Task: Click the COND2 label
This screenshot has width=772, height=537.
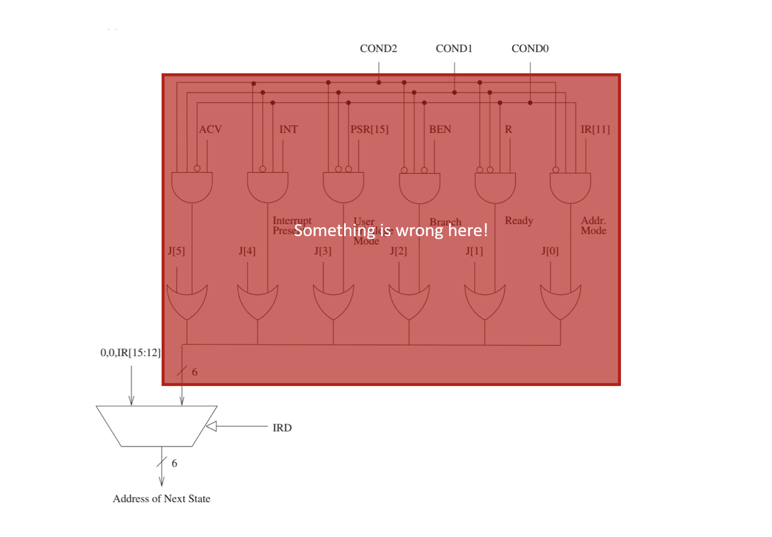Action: point(378,49)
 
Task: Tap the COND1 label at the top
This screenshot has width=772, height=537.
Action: point(454,49)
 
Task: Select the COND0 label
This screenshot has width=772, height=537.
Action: point(530,49)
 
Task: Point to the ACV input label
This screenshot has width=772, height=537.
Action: point(210,129)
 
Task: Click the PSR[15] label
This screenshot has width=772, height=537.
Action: point(369,129)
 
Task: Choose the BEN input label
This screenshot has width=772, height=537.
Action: point(440,129)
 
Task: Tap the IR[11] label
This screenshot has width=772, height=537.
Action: point(595,129)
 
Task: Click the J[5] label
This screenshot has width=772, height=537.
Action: point(176,251)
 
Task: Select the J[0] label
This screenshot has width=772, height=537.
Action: point(549,251)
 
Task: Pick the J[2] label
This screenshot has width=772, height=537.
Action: point(398,251)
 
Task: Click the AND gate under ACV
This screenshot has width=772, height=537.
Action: point(192,187)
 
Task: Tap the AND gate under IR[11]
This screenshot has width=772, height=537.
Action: point(570,188)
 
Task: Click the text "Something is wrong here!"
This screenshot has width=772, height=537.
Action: point(390,230)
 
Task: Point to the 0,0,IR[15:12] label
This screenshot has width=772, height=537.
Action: point(130,353)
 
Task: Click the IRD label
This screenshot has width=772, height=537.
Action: point(282,428)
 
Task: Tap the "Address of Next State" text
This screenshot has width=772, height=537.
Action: point(162,498)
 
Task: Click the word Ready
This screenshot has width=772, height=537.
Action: point(519,220)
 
